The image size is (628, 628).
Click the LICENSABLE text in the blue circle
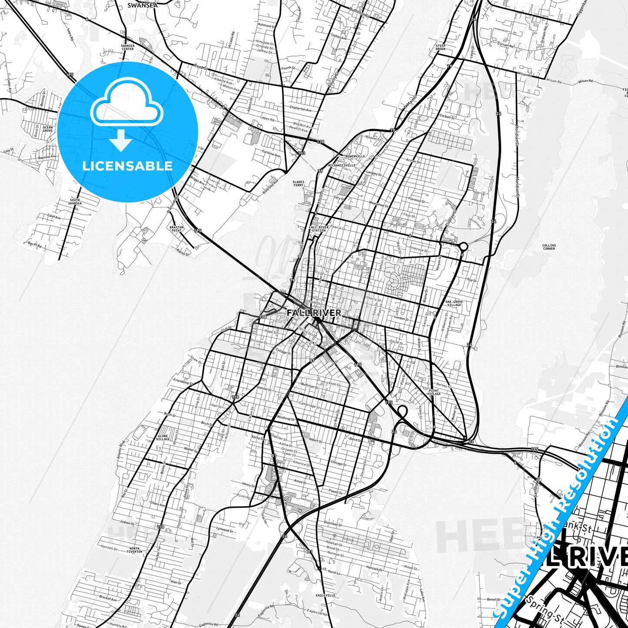(x=127, y=166)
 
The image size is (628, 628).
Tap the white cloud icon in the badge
(x=127, y=105)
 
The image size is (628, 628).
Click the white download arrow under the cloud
(x=121, y=141)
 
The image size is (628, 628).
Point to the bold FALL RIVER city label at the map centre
(x=314, y=312)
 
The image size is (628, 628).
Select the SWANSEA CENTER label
(x=127, y=47)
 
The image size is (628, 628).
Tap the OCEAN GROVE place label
(x=48, y=129)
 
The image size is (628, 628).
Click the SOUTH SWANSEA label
(x=75, y=201)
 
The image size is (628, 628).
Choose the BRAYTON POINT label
(x=176, y=229)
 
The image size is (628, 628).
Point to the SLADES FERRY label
(x=298, y=183)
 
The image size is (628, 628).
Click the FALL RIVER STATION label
(x=319, y=229)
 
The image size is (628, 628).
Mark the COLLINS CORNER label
(x=549, y=247)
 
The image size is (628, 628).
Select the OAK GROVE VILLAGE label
(x=454, y=303)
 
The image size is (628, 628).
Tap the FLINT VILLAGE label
(x=434, y=392)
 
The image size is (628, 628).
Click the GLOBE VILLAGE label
(x=163, y=437)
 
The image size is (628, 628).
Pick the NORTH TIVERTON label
(x=135, y=550)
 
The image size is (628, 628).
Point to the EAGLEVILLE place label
(x=326, y=595)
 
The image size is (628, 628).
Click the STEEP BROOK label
(x=441, y=47)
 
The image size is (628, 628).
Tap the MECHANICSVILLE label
(x=342, y=165)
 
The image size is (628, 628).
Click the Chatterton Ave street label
(x=300, y=109)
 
